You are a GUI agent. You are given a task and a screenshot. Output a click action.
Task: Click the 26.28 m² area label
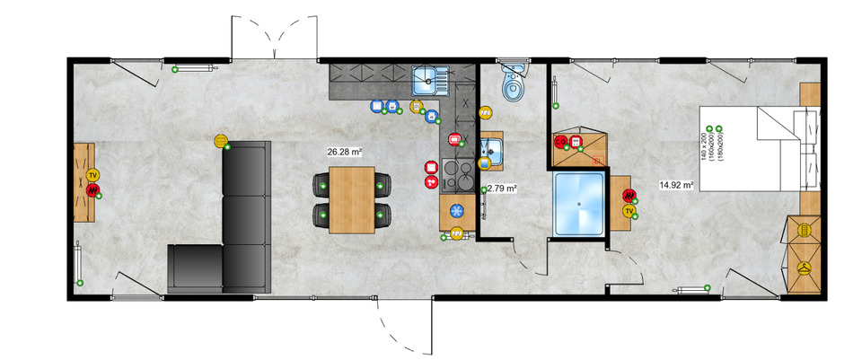[345, 153]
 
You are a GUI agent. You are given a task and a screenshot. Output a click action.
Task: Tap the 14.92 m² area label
[676, 186]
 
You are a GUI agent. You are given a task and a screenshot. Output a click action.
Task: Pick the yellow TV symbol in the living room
[93, 175]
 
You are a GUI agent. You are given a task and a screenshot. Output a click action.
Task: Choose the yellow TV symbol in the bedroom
[629, 212]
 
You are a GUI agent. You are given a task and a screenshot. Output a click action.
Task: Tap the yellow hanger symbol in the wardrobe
[805, 268]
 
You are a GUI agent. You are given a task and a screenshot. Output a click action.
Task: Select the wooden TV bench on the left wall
[84, 182]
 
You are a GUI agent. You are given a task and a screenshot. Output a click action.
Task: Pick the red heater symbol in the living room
[92, 189]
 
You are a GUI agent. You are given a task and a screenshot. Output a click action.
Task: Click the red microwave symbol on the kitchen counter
[455, 140]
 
